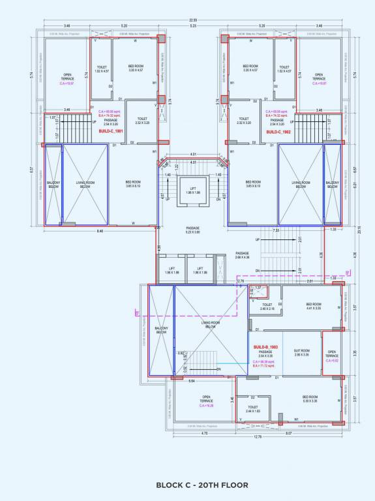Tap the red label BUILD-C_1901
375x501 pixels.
coord(112,131)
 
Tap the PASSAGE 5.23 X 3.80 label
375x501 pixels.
coord(192,230)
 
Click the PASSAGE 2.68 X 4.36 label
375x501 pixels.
coord(242,255)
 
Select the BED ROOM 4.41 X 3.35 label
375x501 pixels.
coord(314,306)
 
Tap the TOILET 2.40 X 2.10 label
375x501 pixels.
coord(267,306)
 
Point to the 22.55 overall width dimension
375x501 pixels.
coord(192,20)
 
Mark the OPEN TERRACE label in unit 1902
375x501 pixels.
coord(318,77)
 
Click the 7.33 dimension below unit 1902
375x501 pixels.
coord(277,231)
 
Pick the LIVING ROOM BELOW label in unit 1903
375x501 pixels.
coord(209,325)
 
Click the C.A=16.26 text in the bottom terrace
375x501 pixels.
coord(207,405)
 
